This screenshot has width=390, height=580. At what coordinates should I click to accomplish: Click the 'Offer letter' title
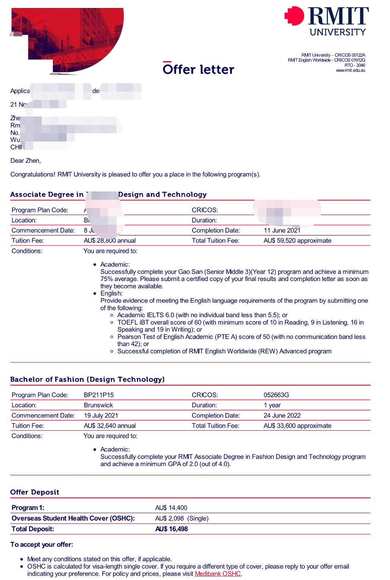click(198, 69)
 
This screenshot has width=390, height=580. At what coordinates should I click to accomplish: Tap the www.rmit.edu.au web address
click(350, 70)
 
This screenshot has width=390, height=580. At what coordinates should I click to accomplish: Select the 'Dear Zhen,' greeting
click(25, 161)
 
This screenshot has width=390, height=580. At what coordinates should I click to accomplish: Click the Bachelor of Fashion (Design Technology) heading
click(87, 379)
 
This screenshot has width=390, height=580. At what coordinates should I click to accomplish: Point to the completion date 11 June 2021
click(282, 230)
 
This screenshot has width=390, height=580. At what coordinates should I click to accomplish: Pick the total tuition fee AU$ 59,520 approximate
click(297, 241)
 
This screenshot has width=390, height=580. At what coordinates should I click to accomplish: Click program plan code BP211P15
click(99, 395)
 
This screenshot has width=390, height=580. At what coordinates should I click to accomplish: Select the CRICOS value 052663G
click(276, 395)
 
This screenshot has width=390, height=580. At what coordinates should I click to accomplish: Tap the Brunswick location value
click(98, 405)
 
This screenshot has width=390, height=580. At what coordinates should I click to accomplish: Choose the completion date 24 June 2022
click(282, 415)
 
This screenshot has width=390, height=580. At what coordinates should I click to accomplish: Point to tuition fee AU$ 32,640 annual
click(110, 426)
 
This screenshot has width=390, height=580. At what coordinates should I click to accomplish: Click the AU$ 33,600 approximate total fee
click(297, 426)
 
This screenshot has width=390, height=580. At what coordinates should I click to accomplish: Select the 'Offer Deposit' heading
click(35, 492)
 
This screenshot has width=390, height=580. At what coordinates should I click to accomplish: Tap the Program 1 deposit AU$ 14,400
click(171, 508)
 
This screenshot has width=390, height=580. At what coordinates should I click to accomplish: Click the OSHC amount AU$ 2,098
click(169, 518)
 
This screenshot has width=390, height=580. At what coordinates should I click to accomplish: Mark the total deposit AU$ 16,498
click(171, 529)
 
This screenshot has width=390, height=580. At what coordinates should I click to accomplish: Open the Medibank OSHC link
click(218, 574)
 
